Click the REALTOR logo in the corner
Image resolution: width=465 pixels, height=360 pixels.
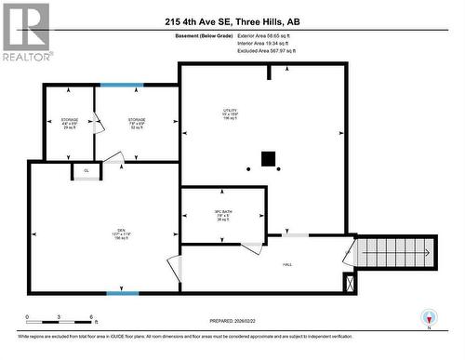25,30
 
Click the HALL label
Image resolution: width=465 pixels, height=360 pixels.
287,264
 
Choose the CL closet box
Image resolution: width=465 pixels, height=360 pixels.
86,171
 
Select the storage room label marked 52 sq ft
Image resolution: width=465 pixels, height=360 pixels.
137,124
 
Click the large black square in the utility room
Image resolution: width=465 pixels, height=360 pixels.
269,159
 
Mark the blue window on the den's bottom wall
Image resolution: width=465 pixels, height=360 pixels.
122,294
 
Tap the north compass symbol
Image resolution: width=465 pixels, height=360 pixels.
429,316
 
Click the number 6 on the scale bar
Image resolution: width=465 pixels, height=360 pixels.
90,316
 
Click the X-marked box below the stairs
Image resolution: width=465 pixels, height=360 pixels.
349,284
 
